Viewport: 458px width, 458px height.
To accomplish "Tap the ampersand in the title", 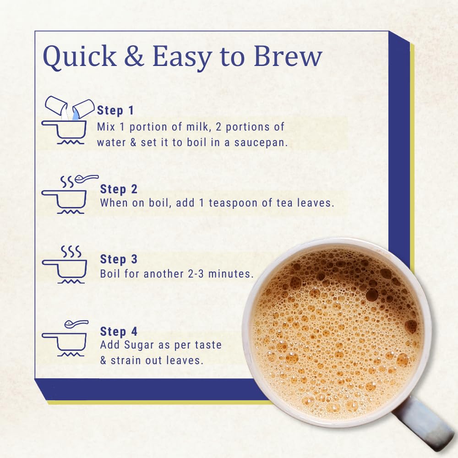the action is click(x=134, y=55).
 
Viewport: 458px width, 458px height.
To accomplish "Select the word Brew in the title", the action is click(x=288, y=55).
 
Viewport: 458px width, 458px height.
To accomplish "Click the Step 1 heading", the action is click(x=115, y=110).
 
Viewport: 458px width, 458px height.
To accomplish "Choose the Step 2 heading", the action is click(x=119, y=189).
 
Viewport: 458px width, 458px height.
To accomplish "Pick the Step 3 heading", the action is click(x=119, y=259).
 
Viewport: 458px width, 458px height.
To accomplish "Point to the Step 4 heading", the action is click(x=119, y=332).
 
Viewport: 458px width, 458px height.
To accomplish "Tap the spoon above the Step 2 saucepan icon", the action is click(x=87, y=179).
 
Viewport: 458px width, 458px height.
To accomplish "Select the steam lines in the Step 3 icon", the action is click(x=71, y=251).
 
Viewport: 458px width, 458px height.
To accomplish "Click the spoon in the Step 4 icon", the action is click(x=76, y=324).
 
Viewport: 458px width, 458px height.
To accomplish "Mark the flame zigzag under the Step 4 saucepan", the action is click(x=71, y=354).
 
